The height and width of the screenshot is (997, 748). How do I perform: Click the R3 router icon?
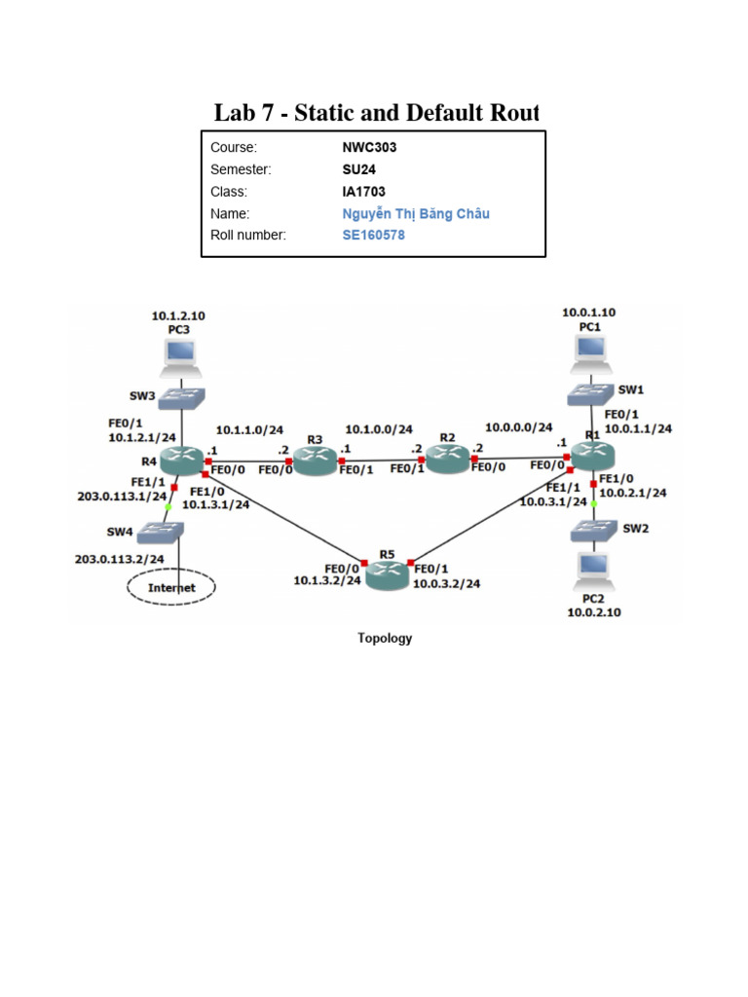[x=316, y=461]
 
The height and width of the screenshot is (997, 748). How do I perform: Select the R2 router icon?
[x=447, y=458]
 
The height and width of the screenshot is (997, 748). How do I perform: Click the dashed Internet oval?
[x=170, y=587]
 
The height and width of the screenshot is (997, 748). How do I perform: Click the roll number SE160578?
[x=373, y=235]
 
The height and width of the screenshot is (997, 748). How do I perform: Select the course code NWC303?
[x=363, y=148]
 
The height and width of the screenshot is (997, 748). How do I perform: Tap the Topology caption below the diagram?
[x=385, y=639]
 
